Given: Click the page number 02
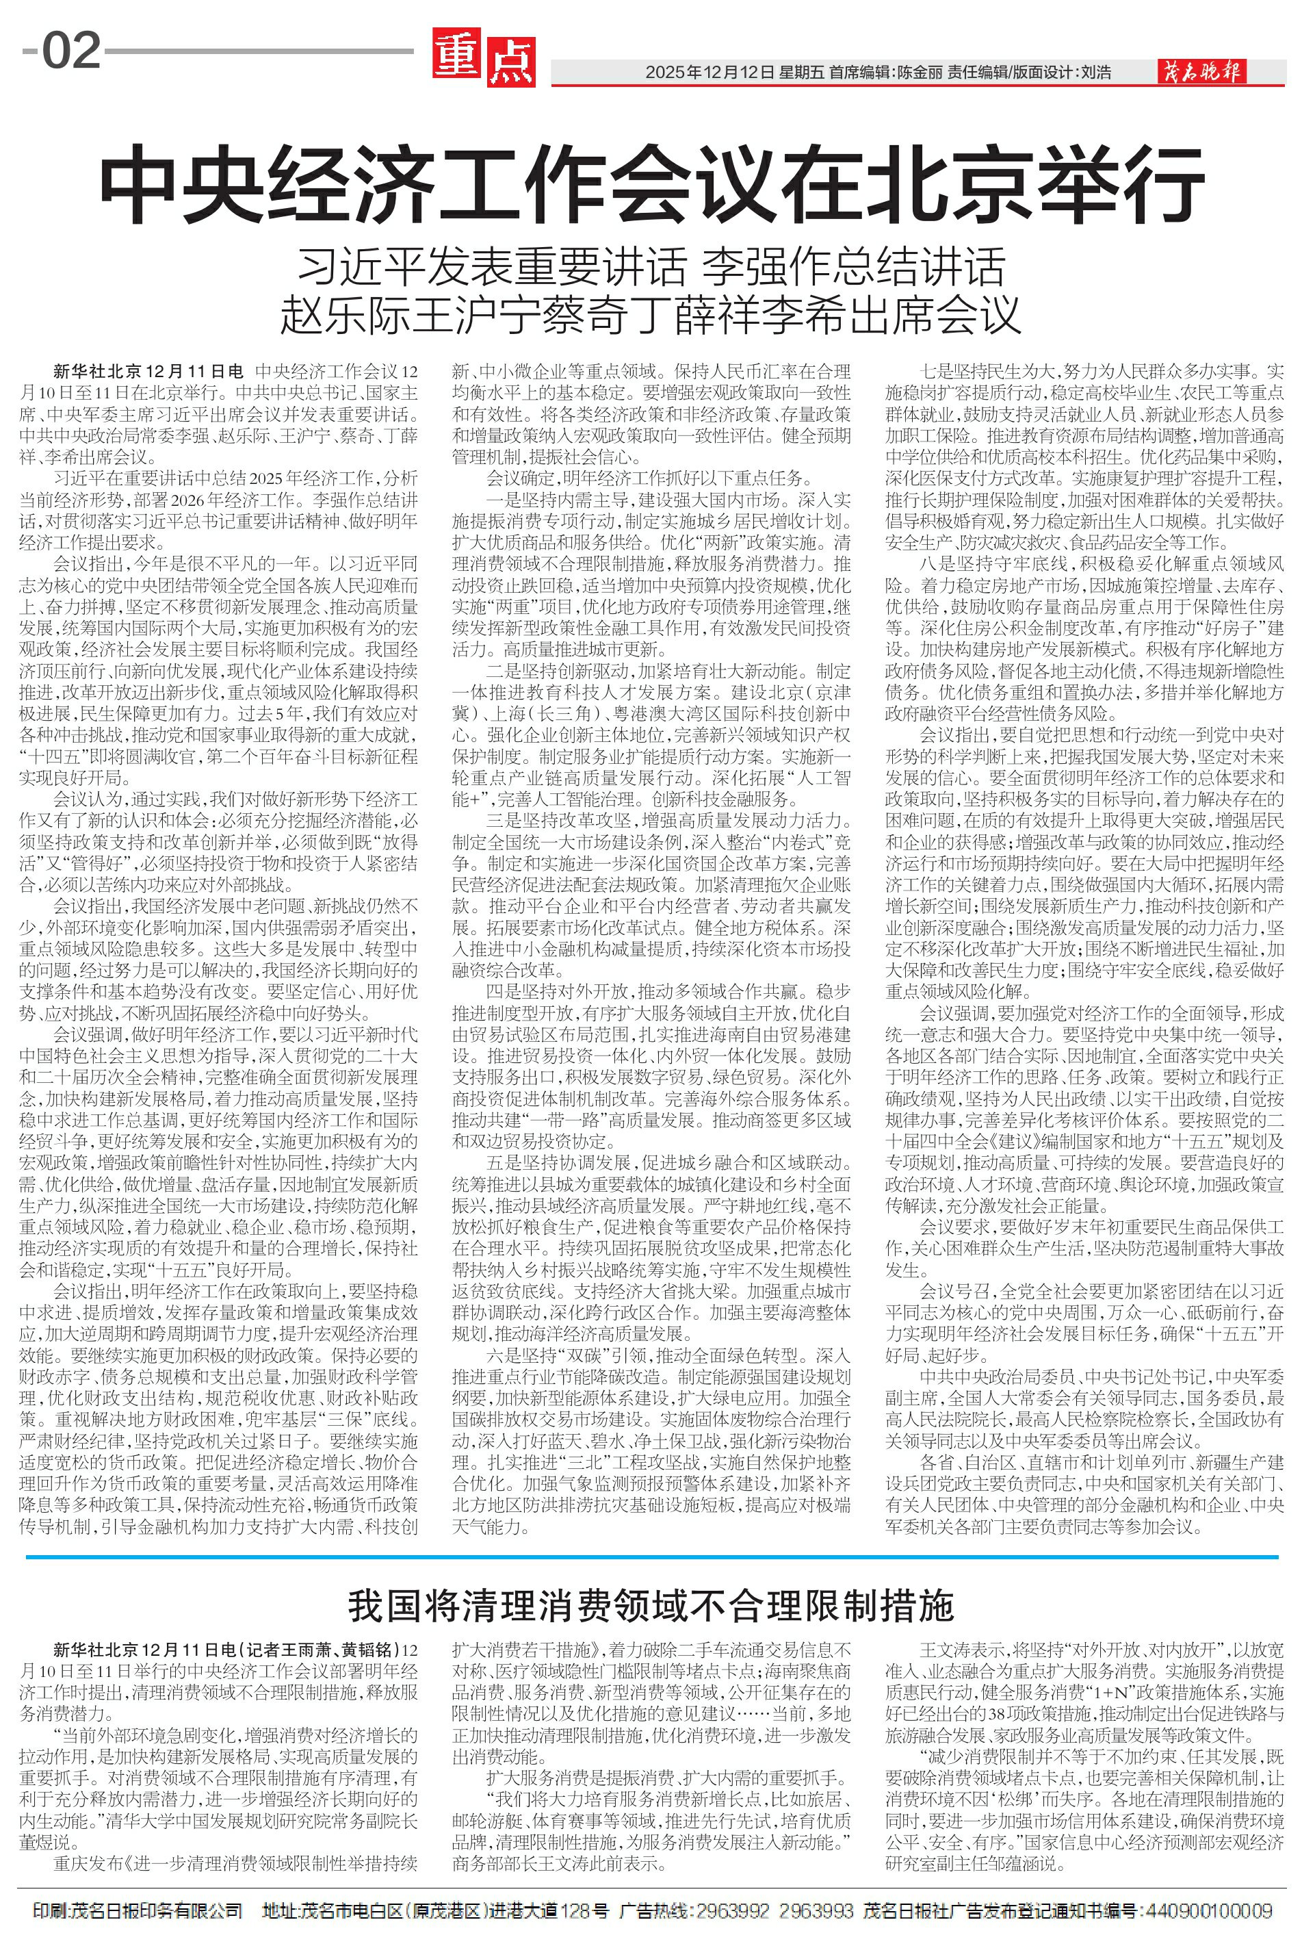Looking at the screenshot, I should (71, 51).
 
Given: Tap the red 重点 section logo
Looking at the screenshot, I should (483, 60).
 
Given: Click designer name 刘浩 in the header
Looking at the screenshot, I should (1095, 73).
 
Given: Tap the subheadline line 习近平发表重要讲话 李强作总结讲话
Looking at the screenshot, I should (651, 267).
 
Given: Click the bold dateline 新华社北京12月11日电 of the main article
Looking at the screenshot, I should (148, 370).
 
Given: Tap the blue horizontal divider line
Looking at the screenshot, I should (651, 1556).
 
